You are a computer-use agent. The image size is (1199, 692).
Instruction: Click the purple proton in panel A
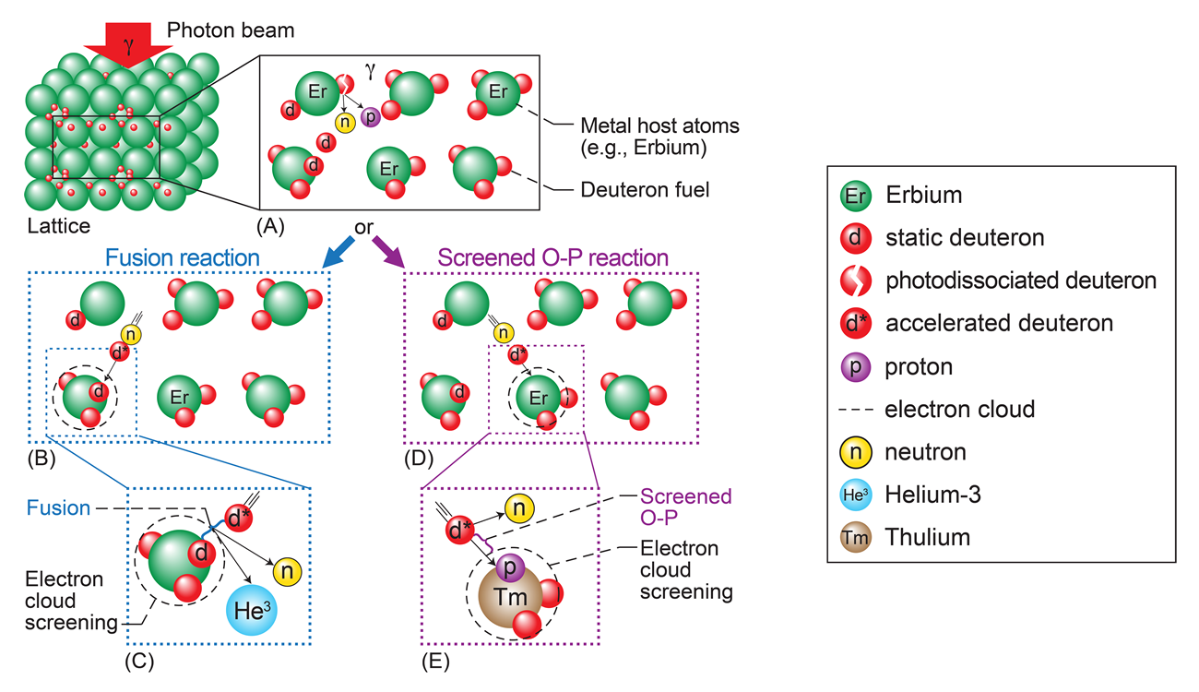(371, 117)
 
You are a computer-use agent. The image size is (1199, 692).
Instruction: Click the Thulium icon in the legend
(855, 537)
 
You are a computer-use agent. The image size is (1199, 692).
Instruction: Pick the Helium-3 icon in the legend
(855, 495)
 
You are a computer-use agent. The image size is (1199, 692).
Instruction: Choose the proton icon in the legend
(855, 366)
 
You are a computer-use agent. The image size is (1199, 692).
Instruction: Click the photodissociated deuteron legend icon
(855, 280)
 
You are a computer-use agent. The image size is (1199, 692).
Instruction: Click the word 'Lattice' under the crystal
(59, 224)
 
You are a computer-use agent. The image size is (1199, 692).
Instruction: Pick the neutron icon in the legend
(855, 452)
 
